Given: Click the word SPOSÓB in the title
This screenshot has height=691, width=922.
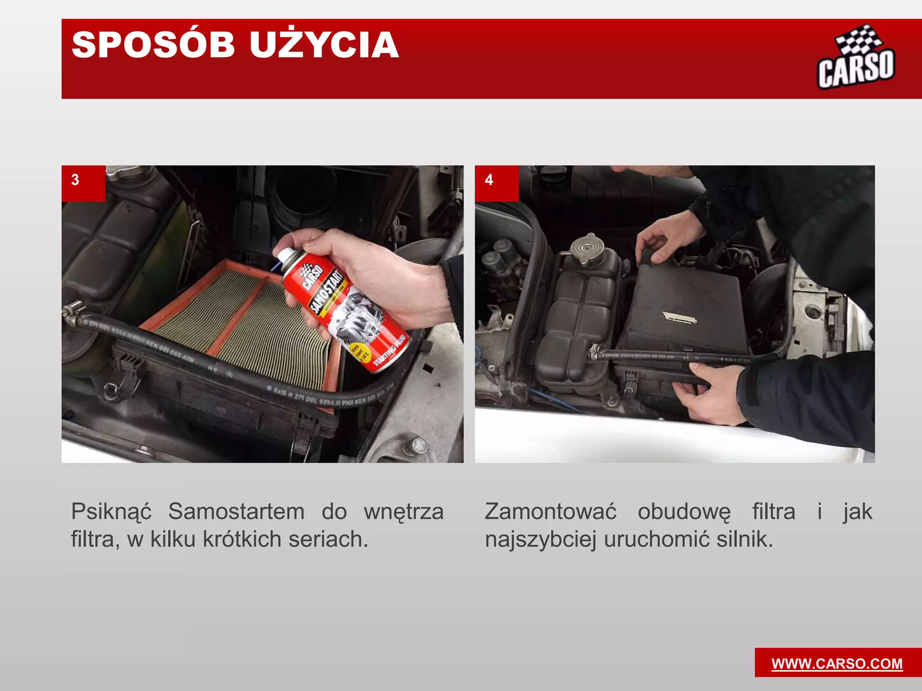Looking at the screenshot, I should [153, 45].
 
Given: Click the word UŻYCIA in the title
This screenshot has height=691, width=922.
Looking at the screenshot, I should [324, 45].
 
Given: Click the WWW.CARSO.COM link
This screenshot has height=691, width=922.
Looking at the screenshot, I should [837, 664].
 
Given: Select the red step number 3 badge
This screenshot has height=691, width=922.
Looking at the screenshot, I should [83, 182].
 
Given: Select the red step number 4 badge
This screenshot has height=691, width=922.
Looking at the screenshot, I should [496, 182].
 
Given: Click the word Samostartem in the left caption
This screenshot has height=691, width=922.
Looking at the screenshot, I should [236, 512].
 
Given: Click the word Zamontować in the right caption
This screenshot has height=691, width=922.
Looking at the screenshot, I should [550, 512].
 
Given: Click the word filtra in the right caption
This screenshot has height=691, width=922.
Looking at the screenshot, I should [773, 512].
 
